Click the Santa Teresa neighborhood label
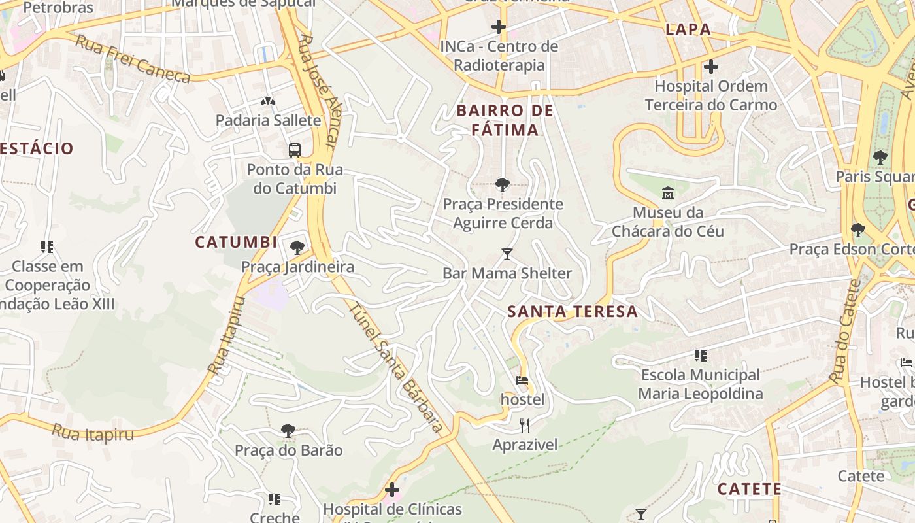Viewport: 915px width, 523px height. pyautogui.click(x=573, y=312)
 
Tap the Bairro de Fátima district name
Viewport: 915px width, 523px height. pyautogui.click(x=505, y=120)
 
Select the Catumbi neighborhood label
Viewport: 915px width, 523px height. pyautogui.click(x=236, y=242)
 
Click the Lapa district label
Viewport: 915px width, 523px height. pyautogui.click(x=688, y=29)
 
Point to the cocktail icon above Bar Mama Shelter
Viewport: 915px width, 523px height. pyautogui.click(x=507, y=254)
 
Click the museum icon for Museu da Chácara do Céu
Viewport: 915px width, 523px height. pyautogui.click(x=667, y=194)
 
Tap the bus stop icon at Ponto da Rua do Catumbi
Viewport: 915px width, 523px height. pyautogui.click(x=295, y=150)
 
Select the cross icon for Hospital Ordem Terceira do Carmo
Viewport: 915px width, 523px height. pyautogui.click(x=710, y=67)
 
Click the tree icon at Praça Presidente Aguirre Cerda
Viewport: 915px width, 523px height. pyautogui.click(x=502, y=185)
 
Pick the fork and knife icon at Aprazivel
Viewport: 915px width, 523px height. pyautogui.click(x=525, y=426)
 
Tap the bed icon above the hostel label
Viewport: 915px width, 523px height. pyautogui.click(x=522, y=380)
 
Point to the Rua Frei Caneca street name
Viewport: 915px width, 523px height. pyautogui.click(x=133, y=59)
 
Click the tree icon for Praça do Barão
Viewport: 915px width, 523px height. pyautogui.click(x=288, y=431)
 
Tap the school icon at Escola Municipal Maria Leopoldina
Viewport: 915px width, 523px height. pyautogui.click(x=701, y=356)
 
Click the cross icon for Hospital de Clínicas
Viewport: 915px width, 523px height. pyautogui.click(x=392, y=490)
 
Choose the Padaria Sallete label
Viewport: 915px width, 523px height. pyautogui.click(x=268, y=120)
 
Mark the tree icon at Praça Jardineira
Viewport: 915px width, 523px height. pyautogui.click(x=297, y=247)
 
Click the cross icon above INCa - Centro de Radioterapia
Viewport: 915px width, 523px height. pyautogui.click(x=499, y=27)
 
